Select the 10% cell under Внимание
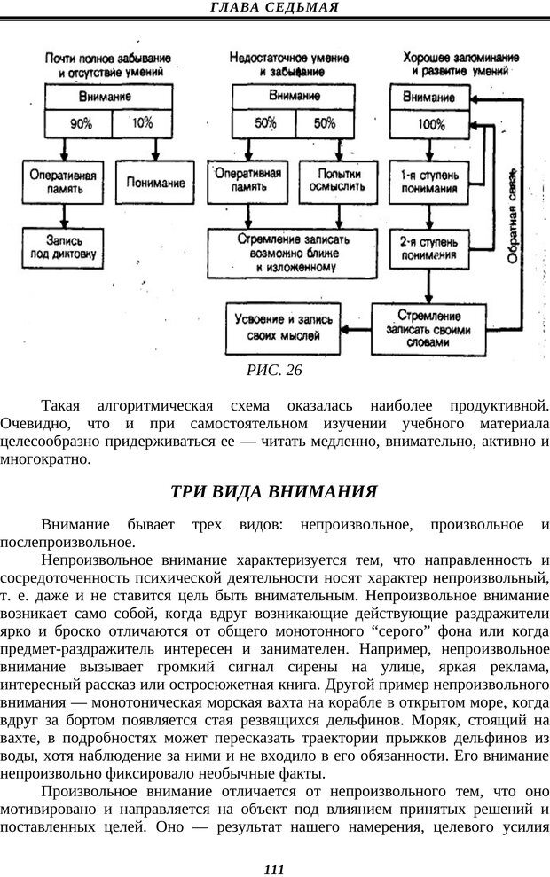pyautogui.click(x=143, y=123)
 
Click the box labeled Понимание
pyautogui.click(x=156, y=183)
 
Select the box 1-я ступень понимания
pyautogui.click(x=429, y=181)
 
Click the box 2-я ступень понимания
pyautogui.click(x=429, y=249)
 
